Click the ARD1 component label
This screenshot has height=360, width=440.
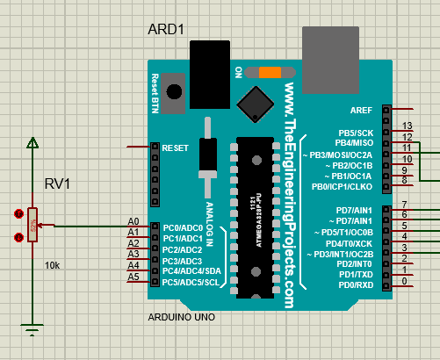(x=167, y=31)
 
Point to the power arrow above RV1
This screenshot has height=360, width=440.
(x=32, y=143)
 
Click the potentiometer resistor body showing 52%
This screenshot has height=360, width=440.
(x=32, y=225)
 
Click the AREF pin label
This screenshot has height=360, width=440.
(x=361, y=110)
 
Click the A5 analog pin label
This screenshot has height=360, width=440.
(x=133, y=277)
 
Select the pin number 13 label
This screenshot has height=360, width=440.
(x=407, y=126)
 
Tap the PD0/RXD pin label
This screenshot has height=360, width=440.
(x=355, y=285)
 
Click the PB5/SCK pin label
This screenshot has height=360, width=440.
(x=356, y=133)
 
